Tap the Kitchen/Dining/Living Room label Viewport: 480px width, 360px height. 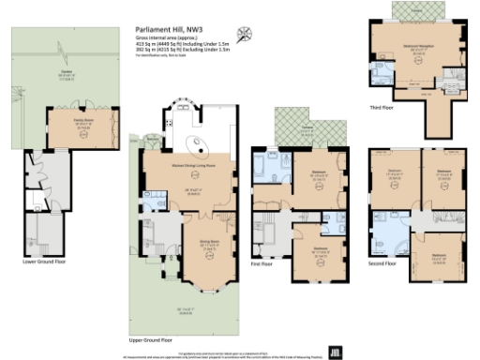[x=192, y=165]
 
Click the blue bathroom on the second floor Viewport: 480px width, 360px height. [x=386, y=229]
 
